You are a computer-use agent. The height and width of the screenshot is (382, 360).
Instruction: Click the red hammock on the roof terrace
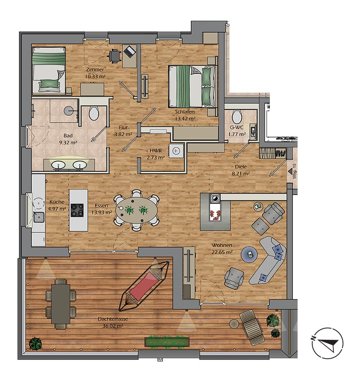pos(144,286)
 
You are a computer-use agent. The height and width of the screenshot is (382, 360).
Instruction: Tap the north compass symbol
pos(328,343)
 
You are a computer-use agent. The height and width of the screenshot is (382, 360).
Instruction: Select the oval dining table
pos(136,210)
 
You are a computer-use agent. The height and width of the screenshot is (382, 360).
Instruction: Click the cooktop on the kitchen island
pos(77,210)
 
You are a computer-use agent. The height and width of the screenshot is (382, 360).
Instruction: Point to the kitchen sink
pos(39,218)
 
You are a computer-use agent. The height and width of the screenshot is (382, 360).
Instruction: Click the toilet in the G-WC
pos(236,117)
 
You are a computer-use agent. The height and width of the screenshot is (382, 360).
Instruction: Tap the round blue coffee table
pos(249,254)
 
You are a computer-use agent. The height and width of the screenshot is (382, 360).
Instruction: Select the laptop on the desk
pos(130,51)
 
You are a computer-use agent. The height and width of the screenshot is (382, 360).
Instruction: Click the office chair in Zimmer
pos(115,56)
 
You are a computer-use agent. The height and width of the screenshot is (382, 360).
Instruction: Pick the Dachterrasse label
pos(112,319)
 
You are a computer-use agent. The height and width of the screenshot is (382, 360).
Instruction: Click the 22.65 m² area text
pos(222,252)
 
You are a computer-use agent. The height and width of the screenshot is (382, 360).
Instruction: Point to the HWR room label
pos(156,151)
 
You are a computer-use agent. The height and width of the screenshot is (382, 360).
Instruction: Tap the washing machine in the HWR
pos(176,151)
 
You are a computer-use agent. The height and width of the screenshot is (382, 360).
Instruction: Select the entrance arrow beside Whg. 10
pos(290,172)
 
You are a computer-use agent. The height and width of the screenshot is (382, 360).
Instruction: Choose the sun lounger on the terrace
pos(252,327)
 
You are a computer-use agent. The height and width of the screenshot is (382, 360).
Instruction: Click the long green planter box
pos(167,342)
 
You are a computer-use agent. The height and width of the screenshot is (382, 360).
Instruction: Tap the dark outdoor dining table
pos(61,304)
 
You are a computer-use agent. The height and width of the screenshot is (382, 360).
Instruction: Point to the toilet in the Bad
pos(94,113)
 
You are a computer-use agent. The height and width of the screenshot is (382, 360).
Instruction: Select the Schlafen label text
pos(185,112)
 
